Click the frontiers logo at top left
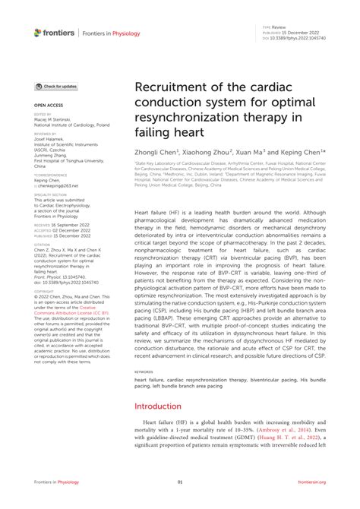point(55,32)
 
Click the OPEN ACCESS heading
point(46,105)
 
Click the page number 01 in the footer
point(180,482)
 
